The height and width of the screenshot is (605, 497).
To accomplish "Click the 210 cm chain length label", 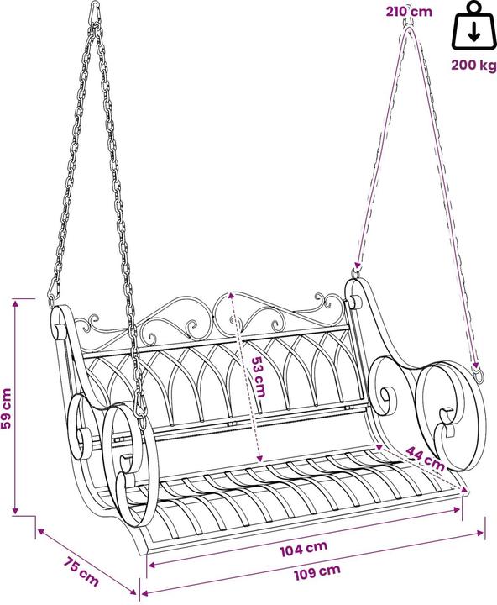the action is [409, 11].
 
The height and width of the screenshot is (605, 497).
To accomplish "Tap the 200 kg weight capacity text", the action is [473, 65].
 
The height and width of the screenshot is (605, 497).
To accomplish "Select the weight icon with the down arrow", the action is [473, 26].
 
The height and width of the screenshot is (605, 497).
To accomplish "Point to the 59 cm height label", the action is [7, 408].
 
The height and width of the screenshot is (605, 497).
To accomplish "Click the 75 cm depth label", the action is [81, 571].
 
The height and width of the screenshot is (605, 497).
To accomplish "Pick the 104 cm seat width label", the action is [303, 548].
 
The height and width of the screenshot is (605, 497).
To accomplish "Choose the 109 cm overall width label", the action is [317, 572].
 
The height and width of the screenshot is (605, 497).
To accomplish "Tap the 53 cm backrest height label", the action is [258, 377].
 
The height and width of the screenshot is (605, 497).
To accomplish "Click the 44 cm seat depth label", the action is [426, 458].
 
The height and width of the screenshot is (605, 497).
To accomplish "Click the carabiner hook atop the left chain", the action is [96, 13].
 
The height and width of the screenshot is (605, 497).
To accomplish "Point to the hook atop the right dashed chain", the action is [409, 24].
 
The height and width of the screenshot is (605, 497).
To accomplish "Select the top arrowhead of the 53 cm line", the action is [231, 295].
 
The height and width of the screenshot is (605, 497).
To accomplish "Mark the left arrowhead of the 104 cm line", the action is [151, 565].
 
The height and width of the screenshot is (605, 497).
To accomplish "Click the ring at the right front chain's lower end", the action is [478, 376].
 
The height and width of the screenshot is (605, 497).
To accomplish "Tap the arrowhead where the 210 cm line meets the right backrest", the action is [357, 265].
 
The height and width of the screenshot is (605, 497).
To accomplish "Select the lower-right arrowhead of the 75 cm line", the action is [133, 592].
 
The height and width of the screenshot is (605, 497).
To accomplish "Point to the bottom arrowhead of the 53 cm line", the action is [259, 458].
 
